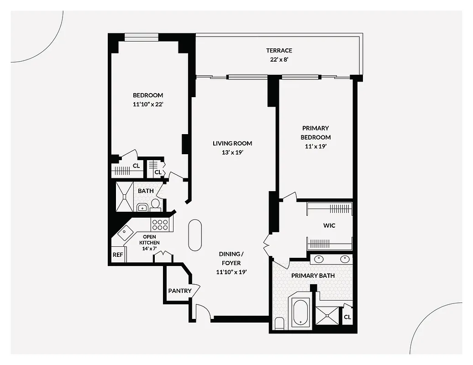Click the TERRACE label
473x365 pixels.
coord(279,51)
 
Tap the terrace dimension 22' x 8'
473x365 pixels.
coord(279,60)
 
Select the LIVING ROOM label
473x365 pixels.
coord(232,143)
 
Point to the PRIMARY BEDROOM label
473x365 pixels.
coord(315,133)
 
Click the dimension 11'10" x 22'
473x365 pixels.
coord(147,104)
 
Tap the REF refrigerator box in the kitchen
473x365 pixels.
coord(118,255)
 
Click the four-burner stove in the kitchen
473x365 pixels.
coord(160,224)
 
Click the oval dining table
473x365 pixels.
coord(195,235)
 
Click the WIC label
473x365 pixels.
coord(329,226)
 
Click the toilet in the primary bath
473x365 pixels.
coord(280,323)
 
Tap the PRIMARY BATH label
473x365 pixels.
coord(313,276)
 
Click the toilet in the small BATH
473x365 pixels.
coord(155,204)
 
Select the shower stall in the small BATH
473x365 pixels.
coord(124,197)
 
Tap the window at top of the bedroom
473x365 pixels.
coord(141,37)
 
